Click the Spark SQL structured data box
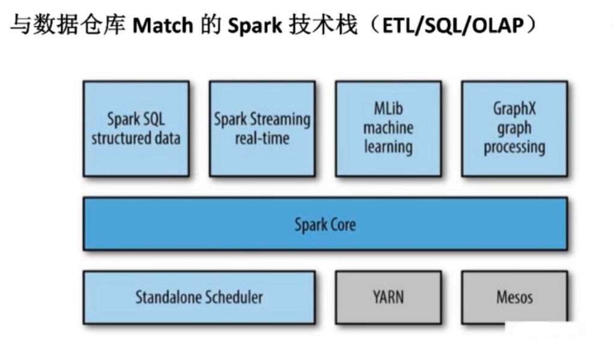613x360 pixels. pyautogui.click(x=136, y=129)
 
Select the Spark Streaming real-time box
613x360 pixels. pyautogui.click(x=262, y=129)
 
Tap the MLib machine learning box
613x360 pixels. pyautogui.click(x=388, y=129)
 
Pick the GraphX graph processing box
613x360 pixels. pyautogui.click(x=514, y=129)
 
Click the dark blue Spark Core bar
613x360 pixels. pyautogui.click(x=325, y=224)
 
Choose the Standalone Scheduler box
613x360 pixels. pyautogui.click(x=199, y=297)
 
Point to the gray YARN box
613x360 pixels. pyautogui.click(x=388, y=297)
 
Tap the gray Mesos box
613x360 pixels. pyautogui.click(x=514, y=297)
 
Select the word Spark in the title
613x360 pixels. pyautogui.click(x=256, y=27)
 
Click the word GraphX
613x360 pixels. pyautogui.click(x=514, y=109)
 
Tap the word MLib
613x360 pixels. pyautogui.click(x=388, y=109)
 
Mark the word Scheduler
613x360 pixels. pyautogui.click(x=233, y=297)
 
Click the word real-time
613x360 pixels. pyautogui.click(x=262, y=138)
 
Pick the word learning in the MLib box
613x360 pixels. pyautogui.click(x=388, y=147)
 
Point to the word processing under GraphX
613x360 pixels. pyautogui.click(x=514, y=147)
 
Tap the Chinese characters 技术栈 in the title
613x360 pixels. pyautogui.click(x=324, y=27)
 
